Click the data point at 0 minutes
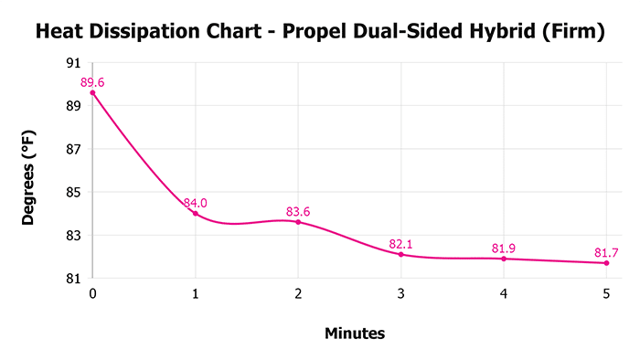click(x=92, y=93)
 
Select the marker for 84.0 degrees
click(x=196, y=213)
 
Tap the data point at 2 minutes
click(x=298, y=222)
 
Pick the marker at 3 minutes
click(x=400, y=254)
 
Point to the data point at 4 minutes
click(x=504, y=259)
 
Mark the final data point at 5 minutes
click(x=606, y=263)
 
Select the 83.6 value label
click(x=298, y=211)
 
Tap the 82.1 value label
click(x=400, y=243)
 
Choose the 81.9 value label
click(x=504, y=248)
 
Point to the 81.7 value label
click(x=607, y=252)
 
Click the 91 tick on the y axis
click(x=73, y=63)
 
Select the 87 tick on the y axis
click(x=73, y=149)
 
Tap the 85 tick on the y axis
click(x=73, y=192)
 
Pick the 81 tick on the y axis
click(x=73, y=278)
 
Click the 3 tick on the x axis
click(x=400, y=293)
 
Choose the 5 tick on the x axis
click(x=606, y=293)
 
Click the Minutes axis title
click(x=355, y=334)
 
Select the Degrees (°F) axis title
click(x=29, y=171)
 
